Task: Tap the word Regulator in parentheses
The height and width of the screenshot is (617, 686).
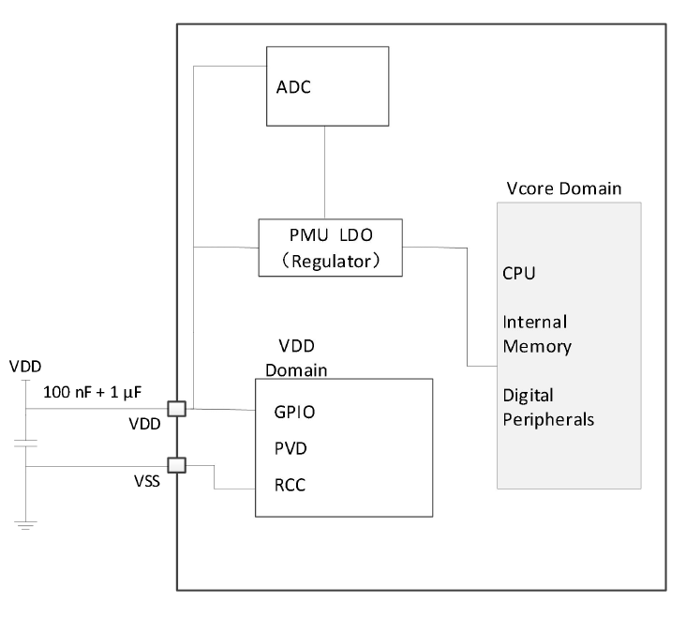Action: (330, 259)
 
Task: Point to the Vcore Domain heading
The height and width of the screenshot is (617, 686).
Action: (562, 188)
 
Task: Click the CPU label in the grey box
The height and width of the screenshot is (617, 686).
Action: (519, 275)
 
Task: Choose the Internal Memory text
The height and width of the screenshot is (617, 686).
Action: (537, 333)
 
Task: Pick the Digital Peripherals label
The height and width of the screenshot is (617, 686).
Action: (548, 406)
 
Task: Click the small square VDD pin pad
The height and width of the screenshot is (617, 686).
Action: (177, 409)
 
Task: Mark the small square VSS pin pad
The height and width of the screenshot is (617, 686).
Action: (177, 464)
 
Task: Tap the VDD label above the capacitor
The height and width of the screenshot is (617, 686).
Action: (25, 366)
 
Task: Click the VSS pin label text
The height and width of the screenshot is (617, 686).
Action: (148, 483)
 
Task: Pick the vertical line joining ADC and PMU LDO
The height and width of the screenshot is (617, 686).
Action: (324, 173)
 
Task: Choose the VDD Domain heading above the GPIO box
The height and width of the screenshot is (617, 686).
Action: (295, 357)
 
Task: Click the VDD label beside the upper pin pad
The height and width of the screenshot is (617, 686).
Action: (146, 423)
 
